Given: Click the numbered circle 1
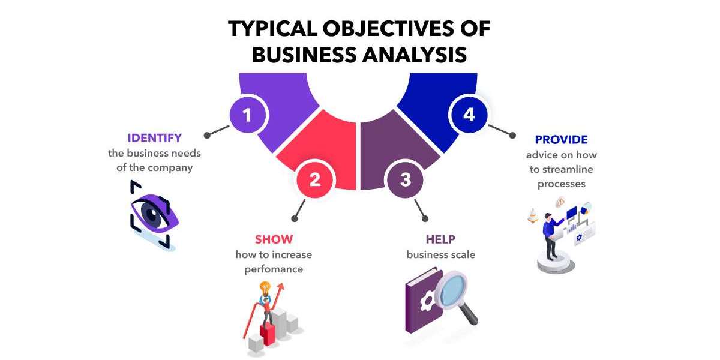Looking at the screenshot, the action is [247, 115].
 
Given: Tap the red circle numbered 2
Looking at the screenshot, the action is [314, 179].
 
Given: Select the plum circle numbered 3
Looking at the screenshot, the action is [405, 179].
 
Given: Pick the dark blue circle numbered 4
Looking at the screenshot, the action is [469, 115].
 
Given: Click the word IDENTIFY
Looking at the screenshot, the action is [155, 138].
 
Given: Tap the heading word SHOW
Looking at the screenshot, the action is [274, 239].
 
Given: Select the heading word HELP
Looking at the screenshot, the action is [440, 239].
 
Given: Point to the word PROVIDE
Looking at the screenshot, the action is [561, 139].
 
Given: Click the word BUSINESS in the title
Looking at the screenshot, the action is [304, 55].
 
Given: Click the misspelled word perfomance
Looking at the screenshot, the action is [274, 269].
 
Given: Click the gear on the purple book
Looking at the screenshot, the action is [427, 302].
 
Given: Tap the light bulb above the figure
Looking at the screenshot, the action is [265, 289].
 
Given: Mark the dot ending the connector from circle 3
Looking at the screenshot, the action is [425, 218].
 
